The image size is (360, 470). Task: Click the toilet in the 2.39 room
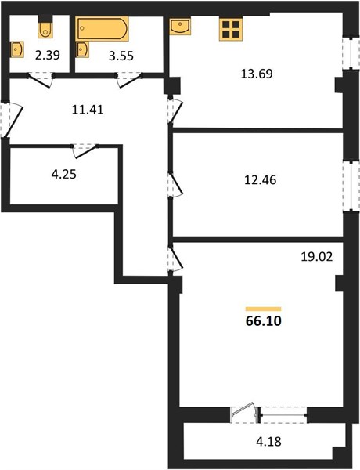click(x=45, y=30)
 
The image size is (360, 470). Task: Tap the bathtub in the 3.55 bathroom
click(x=102, y=29)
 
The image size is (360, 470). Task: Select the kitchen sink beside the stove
click(x=180, y=27)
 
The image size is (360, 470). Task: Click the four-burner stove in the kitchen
click(x=231, y=30)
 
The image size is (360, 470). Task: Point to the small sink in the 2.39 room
click(x=16, y=49)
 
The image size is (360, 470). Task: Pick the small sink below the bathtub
click(x=82, y=49)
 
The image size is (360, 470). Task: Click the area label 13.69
click(x=257, y=74)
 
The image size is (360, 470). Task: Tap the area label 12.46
click(x=261, y=180)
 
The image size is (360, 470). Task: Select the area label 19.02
click(x=317, y=257)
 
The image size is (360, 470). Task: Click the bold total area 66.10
click(x=264, y=321)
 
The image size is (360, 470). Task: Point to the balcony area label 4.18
click(x=268, y=441)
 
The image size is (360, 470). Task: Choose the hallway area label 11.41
click(x=88, y=110)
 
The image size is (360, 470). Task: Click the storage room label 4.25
click(x=64, y=174)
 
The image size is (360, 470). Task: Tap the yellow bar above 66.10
click(x=264, y=309)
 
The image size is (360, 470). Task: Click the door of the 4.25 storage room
click(x=85, y=150)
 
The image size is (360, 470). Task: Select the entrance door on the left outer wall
click(x=12, y=120)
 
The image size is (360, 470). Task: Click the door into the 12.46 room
click(x=175, y=185)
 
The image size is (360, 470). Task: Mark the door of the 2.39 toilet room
click(x=41, y=80)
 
